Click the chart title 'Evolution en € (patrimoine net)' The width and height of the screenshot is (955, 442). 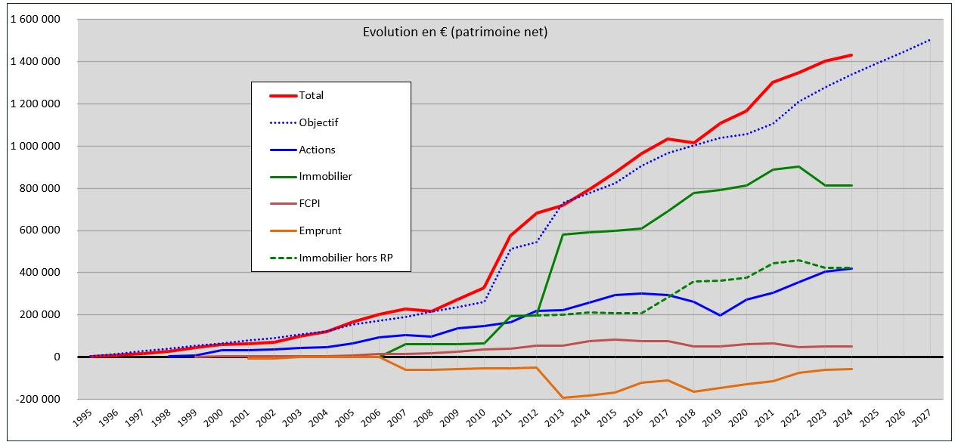pyautogui.click(x=454, y=32)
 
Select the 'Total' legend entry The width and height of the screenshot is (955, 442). pyautogui.click(x=311, y=96)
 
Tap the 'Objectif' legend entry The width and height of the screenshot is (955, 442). pyautogui.click(x=318, y=122)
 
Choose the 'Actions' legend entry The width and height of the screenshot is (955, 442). pyautogui.click(x=317, y=150)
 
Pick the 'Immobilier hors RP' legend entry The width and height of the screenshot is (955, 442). pyautogui.click(x=344, y=258)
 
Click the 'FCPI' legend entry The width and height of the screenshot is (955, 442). pyautogui.click(x=311, y=204)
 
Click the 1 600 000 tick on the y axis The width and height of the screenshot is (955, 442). pyautogui.click(x=36, y=20)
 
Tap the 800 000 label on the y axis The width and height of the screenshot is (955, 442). pyautogui.click(x=42, y=188)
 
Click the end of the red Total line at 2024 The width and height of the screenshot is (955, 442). pyautogui.click(x=852, y=55)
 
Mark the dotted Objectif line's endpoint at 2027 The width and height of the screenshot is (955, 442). pyautogui.click(x=930, y=39)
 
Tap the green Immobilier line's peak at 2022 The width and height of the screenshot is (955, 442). pyautogui.click(x=800, y=166)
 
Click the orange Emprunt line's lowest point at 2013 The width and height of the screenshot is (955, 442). pyautogui.click(x=563, y=397)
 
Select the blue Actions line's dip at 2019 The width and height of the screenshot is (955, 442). pyautogui.click(x=721, y=315)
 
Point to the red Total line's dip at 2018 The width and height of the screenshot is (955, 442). pyautogui.click(x=694, y=142)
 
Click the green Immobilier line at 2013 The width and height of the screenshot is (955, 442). pyautogui.click(x=563, y=234)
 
